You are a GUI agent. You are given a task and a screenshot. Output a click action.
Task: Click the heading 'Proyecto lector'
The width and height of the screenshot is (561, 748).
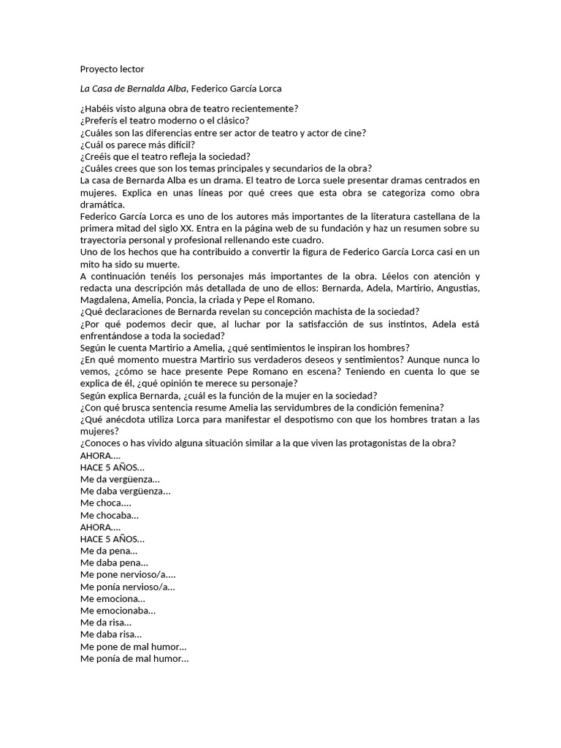(112, 69)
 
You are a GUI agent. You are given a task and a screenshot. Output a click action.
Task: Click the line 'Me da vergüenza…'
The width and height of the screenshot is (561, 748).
(120, 479)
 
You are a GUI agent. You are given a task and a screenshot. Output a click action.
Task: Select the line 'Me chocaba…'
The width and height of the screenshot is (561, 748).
(110, 515)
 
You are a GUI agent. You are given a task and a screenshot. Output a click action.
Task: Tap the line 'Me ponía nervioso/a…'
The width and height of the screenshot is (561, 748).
(128, 587)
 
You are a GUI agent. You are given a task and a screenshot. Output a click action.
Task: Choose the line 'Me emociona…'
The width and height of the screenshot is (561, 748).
(113, 598)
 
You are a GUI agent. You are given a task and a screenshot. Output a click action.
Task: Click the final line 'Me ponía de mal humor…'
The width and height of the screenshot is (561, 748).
(134, 658)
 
